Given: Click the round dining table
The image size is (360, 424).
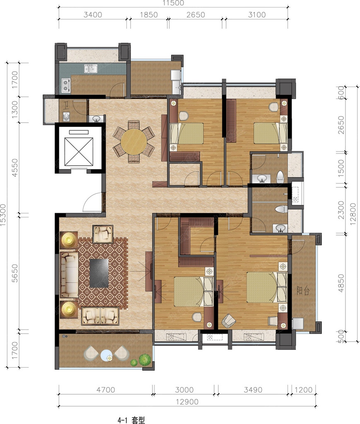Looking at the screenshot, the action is pyautogui.click(x=134, y=142).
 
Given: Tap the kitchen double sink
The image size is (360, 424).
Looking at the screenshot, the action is pyautogui.click(x=90, y=69).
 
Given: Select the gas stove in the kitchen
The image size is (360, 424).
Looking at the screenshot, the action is pyautogui.click(x=66, y=85).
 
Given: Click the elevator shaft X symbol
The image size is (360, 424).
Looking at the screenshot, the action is pyautogui.click(x=79, y=152).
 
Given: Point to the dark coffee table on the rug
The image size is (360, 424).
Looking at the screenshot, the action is pyautogui.click(x=99, y=273).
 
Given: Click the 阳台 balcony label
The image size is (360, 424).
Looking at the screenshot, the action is pyautogui.click(x=303, y=291).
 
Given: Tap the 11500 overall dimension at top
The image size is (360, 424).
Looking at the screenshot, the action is pyautogui.click(x=173, y=3).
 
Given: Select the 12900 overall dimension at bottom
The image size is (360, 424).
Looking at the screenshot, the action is pyautogui.click(x=187, y=402).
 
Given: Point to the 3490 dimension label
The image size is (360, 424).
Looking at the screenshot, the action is pyautogui.click(x=253, y=390).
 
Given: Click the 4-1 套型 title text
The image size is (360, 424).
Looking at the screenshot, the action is pyautogui.click(x=131, y=420).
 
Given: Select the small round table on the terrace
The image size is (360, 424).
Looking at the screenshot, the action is pyautogui.click(x=106, y=355).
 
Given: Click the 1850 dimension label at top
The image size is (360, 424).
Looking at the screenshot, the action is pyautogui.click(x=149, y=14).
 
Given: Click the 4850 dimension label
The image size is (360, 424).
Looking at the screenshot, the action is pyautogui.click(x=341, y=283).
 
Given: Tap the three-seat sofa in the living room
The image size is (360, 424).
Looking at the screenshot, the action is pyautogui.click(x=69, y=275).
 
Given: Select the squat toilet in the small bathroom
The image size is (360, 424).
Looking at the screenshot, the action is pyautogui.click(x=66, y=116).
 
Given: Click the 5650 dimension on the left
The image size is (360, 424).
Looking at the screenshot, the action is pyautogui.click(x=15, y=273).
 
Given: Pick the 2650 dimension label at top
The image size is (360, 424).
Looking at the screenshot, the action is pyautogui.click(x=196, y=14).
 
